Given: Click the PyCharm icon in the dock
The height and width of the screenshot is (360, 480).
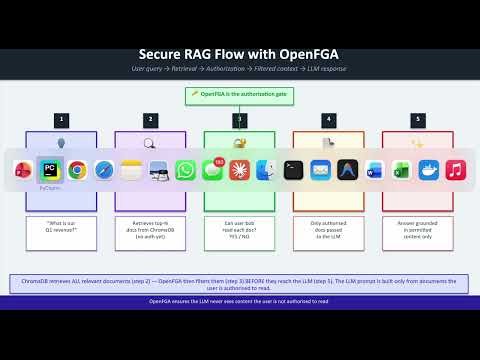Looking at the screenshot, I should click(48, 169).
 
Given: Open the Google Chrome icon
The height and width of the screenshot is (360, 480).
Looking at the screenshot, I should click(77, 170).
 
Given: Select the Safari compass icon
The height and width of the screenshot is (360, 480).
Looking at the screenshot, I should click(104, 170).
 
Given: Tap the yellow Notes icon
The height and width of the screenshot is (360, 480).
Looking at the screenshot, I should click(131, 170).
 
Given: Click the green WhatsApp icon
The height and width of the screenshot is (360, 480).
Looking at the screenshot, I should click(185, 170).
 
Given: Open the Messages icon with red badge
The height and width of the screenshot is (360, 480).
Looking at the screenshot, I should click(212, 170).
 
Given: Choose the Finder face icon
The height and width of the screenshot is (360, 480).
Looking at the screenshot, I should click(266, 170).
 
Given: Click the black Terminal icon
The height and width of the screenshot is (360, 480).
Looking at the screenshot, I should click(293, 170).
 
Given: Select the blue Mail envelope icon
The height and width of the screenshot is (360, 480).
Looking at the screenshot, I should click(320, 170).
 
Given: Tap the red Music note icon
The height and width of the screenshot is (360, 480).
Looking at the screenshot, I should click(455, 170).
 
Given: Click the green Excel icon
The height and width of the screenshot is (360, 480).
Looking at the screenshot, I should click(401, 170).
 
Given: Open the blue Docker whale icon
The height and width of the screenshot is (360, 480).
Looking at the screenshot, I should click(428, 170).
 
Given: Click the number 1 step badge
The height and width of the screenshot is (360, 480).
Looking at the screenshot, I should click(62, 119).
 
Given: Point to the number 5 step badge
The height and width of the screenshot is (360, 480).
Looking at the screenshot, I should click(417, 119).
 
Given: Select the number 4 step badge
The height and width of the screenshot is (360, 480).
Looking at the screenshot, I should click(328, 119).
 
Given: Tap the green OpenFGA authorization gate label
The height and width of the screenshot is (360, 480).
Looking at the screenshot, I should click(239, 95).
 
